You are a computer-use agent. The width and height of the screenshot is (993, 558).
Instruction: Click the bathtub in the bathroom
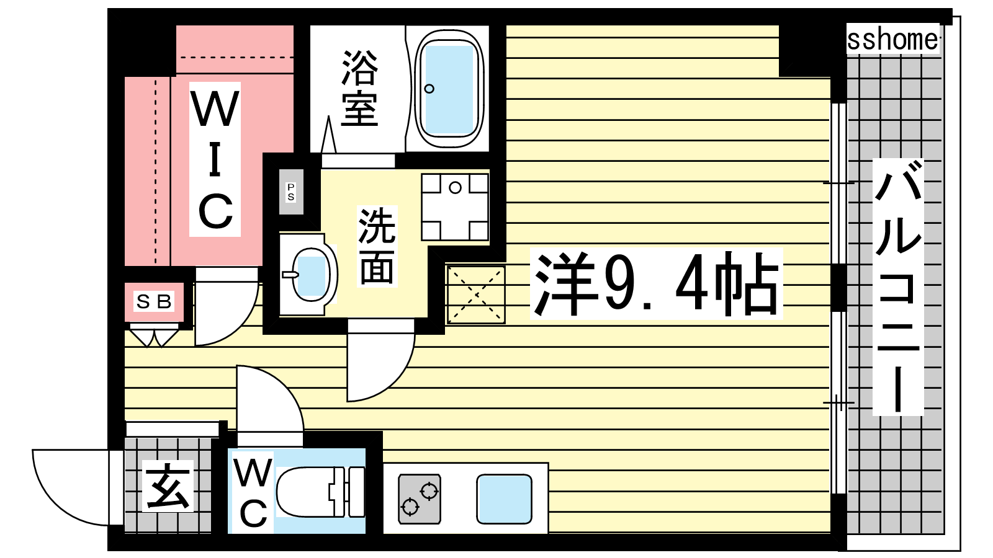pyautogui.click(x=449, y=89)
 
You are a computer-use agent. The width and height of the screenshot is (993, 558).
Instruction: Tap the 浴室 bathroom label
pyautogui.click(x=359, y=89)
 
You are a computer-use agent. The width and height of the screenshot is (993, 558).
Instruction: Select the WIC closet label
pyautogui.click(x=215, y=159)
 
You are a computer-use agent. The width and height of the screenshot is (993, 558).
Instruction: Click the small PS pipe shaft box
pyautogui.click(x=291, y=192)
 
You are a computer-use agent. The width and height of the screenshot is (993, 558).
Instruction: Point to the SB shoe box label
pyautogui.click(x=154, y=301)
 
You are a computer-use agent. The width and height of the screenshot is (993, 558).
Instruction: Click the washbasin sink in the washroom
pyautogui.click(x=308, y=275)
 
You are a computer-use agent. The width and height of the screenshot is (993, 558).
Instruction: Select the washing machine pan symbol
pyautogui.click(x=455, y=207)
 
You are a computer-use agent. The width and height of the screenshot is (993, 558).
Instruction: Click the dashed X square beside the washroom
pyautogui.click(x=475, y=294)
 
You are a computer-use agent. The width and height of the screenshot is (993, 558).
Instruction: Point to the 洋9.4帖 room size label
pyautogui.click(x=656, y=284)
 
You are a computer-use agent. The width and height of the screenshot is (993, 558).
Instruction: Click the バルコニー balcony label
pyautogui.click(x=897, y=287)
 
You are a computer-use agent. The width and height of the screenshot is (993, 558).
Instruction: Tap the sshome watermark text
pyautogui.click(x=892, y=39)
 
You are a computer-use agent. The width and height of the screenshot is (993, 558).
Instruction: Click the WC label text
pyautogui.click(x=253, y=492)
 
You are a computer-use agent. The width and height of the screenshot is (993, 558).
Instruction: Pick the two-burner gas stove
pyautogui.click(x=420, y=499)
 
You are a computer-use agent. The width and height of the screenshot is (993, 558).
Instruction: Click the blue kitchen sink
pyautogui.click(x=504, y=499)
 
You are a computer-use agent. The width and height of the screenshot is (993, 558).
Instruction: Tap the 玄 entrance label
pyautogui.click(x=168, y=486)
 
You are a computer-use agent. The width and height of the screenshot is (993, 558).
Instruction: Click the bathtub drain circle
pyautogui.click(x=429, y=89)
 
